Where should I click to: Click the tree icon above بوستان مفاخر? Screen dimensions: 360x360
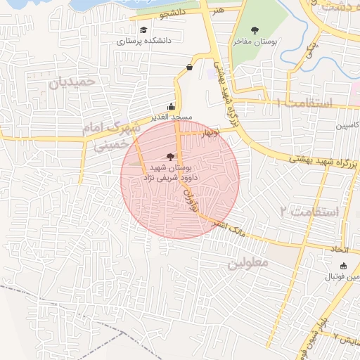[255, 30]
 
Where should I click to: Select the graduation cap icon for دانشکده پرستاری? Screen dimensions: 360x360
[144, 30]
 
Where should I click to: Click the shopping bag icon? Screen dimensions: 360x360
[190, 67]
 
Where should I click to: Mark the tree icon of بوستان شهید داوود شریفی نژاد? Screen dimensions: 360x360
[169, 156]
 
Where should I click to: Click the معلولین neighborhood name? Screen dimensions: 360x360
[250, 263]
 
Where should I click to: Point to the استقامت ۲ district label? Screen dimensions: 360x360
[309, 211]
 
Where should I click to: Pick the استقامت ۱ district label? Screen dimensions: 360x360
[304, 103]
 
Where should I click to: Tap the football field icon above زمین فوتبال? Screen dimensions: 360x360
[343, 266]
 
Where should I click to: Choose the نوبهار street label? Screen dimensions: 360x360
[209, 131]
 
